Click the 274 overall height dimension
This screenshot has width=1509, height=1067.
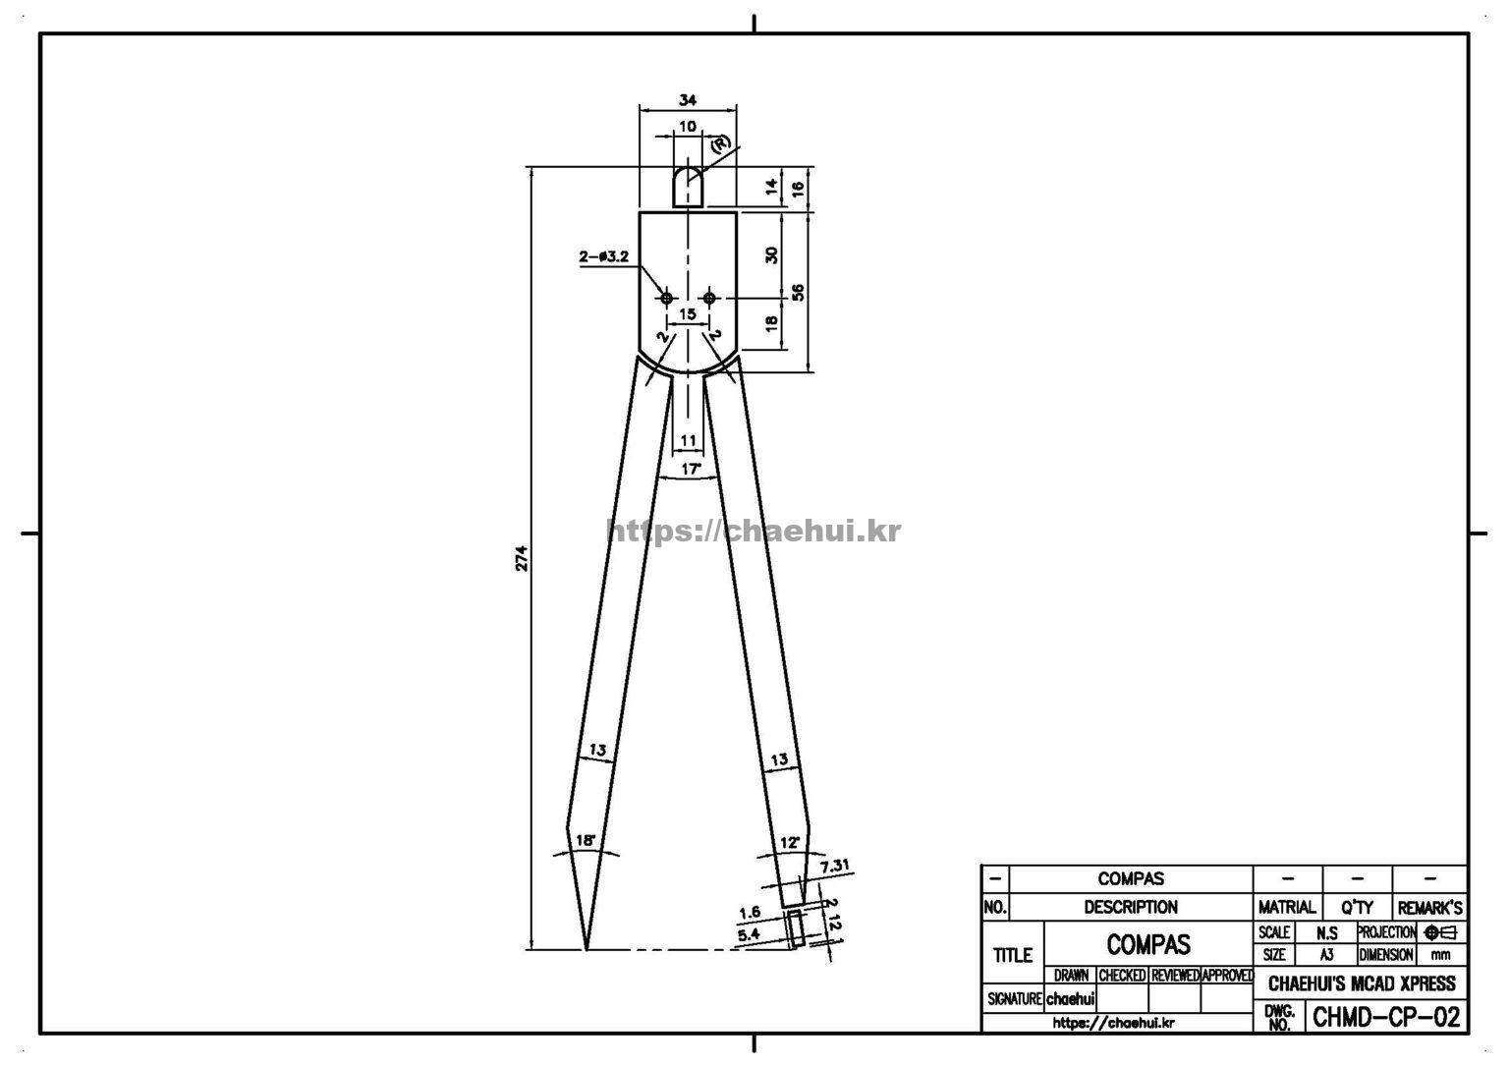pos(522,558)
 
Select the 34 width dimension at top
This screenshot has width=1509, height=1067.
pos(687,100)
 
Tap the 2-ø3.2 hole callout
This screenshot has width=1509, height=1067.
pos(603,256)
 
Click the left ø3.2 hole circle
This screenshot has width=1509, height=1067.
pos(667,298)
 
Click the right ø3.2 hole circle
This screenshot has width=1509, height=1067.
pos(708,298)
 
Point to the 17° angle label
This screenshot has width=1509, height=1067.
pos(691,468)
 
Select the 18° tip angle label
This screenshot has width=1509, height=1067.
pos(587,840)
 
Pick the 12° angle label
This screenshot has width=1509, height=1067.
pos(790,842)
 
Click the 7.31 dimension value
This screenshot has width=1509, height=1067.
pos(835,866)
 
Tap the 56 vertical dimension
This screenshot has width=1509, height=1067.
pos(798,293)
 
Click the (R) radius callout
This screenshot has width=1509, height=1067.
pos(720,144)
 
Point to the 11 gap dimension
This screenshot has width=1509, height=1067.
pos(688,440)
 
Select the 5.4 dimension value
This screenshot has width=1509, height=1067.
pos(750,934)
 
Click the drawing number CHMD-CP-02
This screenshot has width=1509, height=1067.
pos(1386,1017)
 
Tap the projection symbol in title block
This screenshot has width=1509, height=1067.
pos(1440,933)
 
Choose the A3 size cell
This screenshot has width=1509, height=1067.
pos(1326,955)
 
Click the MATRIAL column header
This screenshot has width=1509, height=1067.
pos(1287,908)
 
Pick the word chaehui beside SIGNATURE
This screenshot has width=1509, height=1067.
pos(1071,998)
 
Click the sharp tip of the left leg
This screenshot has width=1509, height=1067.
pos(587,948)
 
